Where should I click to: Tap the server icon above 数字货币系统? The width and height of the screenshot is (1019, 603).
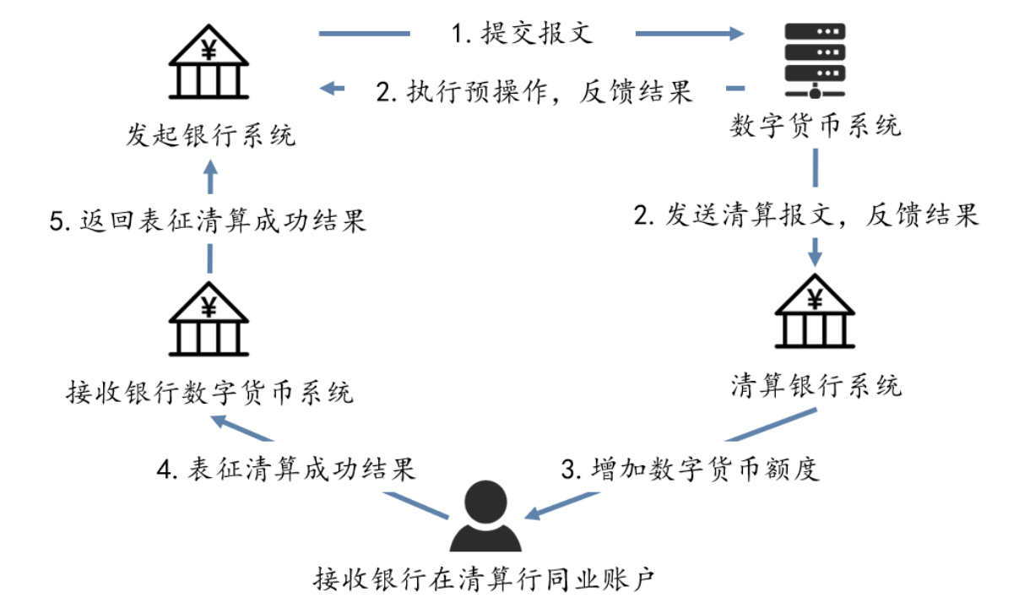pyautogui.click(x=816, y=60)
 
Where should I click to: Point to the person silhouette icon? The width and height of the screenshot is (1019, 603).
pyautogui.click(x=485, y=516)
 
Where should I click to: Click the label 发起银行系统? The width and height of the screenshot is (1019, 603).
pyautogui.click(x=210, y=135)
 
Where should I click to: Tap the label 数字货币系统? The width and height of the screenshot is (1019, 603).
pyautogui.click(x=816, y=126)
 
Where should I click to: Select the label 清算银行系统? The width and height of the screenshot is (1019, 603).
pyautogui.click(x=816, y=386)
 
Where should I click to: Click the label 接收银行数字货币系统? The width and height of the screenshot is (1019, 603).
pyautogui.click(x=210, y=392)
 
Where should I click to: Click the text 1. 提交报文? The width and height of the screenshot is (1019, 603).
pyautogui.click(x=523, y=34)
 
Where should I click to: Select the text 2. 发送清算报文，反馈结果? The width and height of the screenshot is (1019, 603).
pyautogui.click(x=805, y=215)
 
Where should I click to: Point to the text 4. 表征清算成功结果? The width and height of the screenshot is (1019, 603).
pyautogui.click(x=288, y=469)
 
